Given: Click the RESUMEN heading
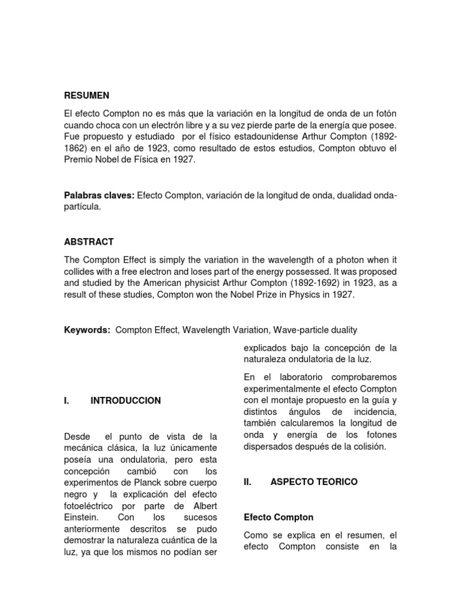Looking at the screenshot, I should click(x=87, y=95).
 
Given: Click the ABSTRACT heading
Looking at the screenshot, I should click(x=89, y=242).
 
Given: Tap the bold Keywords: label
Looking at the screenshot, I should click(x=87, y=330).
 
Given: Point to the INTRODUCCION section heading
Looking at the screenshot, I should click(x=125, y=401).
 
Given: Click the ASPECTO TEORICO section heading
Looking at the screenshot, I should click(x=314, y=481).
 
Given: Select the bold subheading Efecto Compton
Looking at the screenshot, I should click(x=279, y=517).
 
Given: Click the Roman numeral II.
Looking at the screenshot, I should click(x=249, y=481).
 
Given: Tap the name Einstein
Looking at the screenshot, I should click(x=82, y=517).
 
